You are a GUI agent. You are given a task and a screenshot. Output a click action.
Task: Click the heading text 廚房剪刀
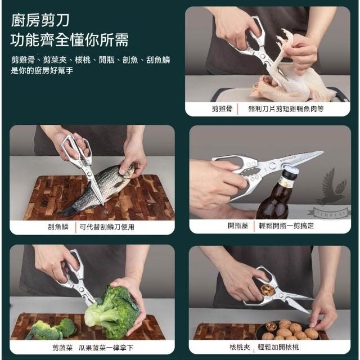[40, 21]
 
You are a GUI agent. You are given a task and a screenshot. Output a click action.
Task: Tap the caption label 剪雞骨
[222, 109]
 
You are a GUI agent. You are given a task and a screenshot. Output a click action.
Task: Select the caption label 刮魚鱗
[58, 227]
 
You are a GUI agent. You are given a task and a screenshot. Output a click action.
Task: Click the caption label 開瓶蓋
[238, 226]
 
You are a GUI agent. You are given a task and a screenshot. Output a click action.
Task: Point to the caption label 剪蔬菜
[62, 348]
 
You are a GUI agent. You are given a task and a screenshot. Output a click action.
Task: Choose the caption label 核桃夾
[240, 346]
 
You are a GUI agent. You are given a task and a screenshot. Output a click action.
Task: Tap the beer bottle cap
[291, 171]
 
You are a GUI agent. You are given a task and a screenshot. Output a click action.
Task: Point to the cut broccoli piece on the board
[52, 328]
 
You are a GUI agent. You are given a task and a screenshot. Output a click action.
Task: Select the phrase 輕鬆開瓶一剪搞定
[286, 226]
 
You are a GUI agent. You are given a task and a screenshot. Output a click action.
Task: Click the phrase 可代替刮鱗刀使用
[107, 227]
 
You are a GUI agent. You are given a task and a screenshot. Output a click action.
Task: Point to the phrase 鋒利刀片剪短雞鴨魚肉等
[286, 109]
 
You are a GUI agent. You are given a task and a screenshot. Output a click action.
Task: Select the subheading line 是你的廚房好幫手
[42, 70]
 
